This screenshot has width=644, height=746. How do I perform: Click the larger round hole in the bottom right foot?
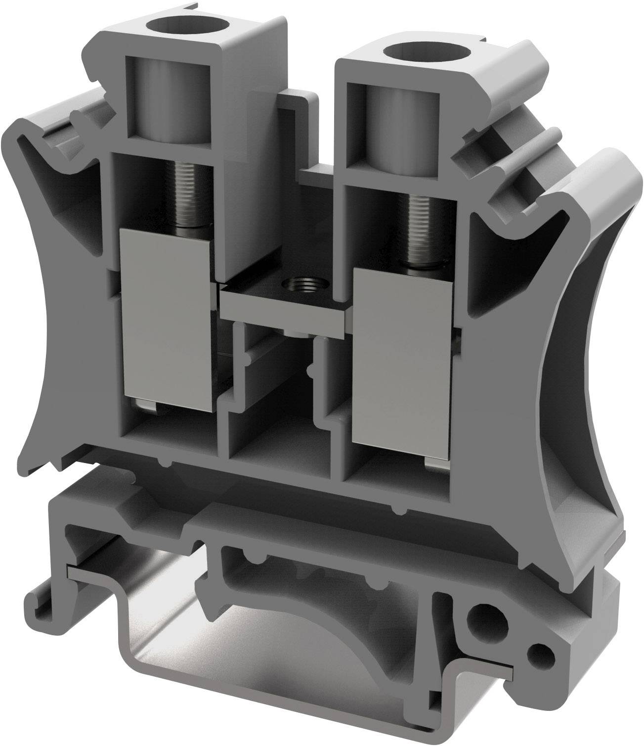[x=479, y=618]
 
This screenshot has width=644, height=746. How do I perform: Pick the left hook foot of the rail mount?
[x=54, y=594]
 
